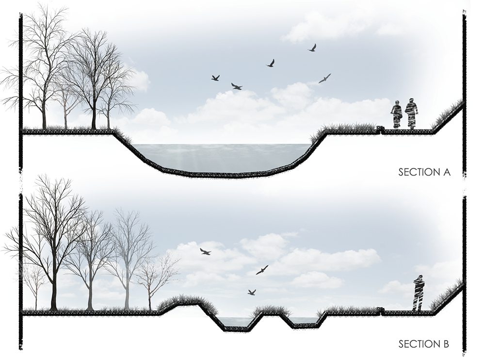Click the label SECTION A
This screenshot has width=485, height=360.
pos(424,172)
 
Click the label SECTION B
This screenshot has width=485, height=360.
pos(423,344)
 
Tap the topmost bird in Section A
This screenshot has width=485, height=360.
pos(313,48)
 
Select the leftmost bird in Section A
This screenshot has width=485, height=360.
pos(215,78)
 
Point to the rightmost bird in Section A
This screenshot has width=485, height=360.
pos(324,79)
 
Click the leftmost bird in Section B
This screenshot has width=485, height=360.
pos(205,251)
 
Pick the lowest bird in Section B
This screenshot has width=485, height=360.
pos(251,292)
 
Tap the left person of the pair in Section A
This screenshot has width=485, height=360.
pos(397,115)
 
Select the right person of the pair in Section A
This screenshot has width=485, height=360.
pos(412,114)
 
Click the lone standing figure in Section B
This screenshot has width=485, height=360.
pos(418,293)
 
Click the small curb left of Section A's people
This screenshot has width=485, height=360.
pos(380,129)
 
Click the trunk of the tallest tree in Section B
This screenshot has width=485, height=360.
pos(53,286)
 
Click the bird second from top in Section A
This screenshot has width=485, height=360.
pos(271,63)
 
